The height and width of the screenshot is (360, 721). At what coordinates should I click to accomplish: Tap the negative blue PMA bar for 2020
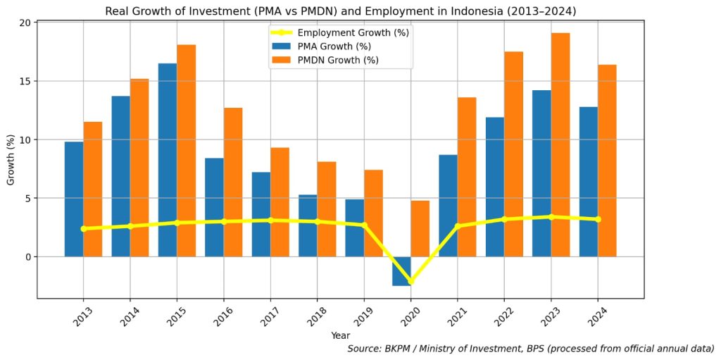[x=401, y=271]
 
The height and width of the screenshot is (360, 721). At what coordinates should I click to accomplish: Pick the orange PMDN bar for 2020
[x=420, y=228]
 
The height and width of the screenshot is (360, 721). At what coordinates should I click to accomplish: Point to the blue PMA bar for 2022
[x=495, y=187]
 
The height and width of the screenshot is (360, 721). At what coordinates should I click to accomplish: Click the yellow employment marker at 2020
[x=410, y=282]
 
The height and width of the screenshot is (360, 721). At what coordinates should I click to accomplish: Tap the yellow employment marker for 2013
[x=83, y=228]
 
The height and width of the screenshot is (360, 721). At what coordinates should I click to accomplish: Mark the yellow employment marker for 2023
[x=551, y=217]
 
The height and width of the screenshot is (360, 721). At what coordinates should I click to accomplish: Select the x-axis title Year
[x=340, y=336]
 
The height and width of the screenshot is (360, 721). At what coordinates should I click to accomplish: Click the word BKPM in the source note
[x=401, y=349]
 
